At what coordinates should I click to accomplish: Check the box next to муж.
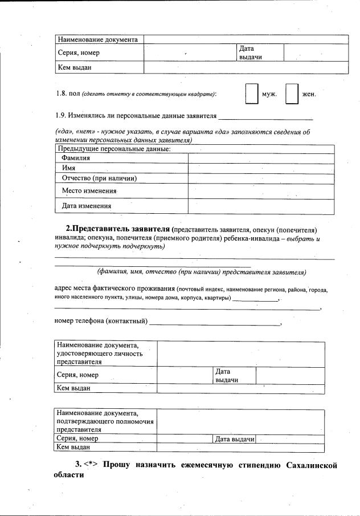click(251, 94)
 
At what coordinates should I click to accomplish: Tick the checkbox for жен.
click(292, 94)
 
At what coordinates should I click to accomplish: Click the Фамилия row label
click(76, 158)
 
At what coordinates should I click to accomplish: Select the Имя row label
click(69, 168)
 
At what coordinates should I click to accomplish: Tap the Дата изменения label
click(87, 206)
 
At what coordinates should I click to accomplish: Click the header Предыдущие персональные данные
click(113, 149)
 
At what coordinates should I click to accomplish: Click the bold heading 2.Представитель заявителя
click(117, 230)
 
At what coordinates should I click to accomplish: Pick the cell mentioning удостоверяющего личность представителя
click(105, 354)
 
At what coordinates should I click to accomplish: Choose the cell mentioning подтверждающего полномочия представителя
click(105, 421)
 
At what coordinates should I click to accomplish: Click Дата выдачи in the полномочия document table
click(234, 439)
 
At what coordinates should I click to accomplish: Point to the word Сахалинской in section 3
click(312, 465)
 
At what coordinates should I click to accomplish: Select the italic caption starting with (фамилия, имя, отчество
click(202, 271)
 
